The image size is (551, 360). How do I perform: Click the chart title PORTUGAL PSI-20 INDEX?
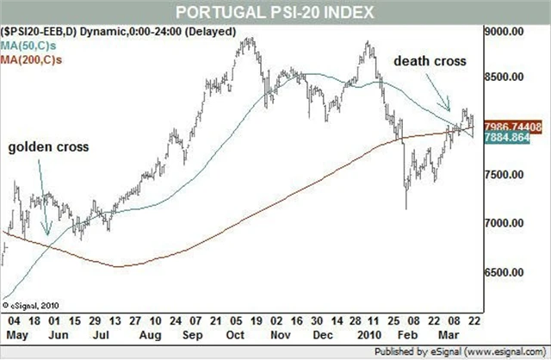pos(275,11)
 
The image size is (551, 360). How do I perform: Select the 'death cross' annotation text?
pos(430,62)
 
